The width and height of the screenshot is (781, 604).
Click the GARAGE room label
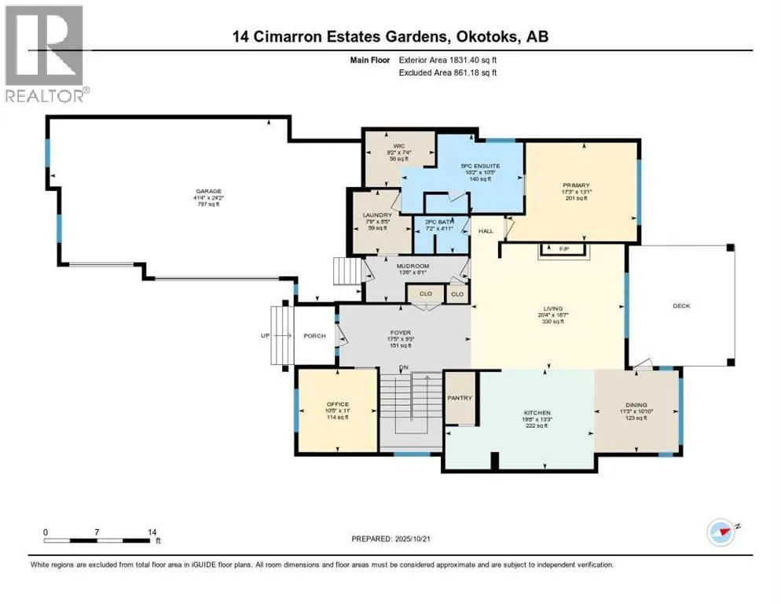click(x=209, y=191)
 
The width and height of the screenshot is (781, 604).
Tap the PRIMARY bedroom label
click(x=581, y=185)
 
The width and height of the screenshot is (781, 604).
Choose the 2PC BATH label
click(x=441, y=223)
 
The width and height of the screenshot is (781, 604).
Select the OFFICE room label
click(x=339, y=403)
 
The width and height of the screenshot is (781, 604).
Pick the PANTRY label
click(x=460, y=398)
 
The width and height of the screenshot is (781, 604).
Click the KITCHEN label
click(x=537, y=413)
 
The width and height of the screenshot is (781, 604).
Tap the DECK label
click(x=681, y=306)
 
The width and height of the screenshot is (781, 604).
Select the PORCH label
click(x=314, y=336)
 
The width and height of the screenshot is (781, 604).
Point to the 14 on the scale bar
click(x=152, y=532)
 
